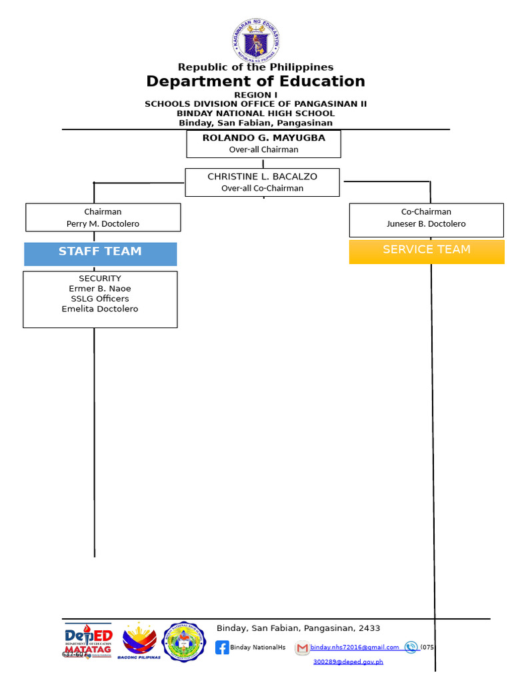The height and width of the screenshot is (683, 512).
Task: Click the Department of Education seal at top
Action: [256, 39]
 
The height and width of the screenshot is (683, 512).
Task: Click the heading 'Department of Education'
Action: [255, 81]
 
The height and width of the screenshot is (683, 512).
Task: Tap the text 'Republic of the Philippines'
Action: [255, 67]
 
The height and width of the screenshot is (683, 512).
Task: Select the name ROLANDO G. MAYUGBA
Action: [263, 138]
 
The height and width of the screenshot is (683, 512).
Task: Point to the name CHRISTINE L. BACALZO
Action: [262, 177]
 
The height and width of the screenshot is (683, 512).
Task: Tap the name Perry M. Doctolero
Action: [103, 224]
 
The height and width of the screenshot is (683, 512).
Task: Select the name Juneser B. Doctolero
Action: [426, 224]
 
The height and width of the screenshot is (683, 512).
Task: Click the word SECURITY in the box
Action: [100, 278]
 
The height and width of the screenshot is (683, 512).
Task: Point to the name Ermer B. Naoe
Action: [100, 288]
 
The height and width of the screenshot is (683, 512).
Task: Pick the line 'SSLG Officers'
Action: [100, 298]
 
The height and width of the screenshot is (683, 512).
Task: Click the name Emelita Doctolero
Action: [100, 309]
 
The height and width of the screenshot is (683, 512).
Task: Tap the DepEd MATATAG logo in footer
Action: [89, 643]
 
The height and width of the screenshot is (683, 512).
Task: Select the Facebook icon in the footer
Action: [222, 647]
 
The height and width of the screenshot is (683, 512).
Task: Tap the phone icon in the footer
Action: [411, 647]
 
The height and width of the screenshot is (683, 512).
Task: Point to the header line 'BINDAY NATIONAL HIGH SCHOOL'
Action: [255, 113]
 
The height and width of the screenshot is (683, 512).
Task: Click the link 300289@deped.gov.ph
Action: [348, 662]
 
